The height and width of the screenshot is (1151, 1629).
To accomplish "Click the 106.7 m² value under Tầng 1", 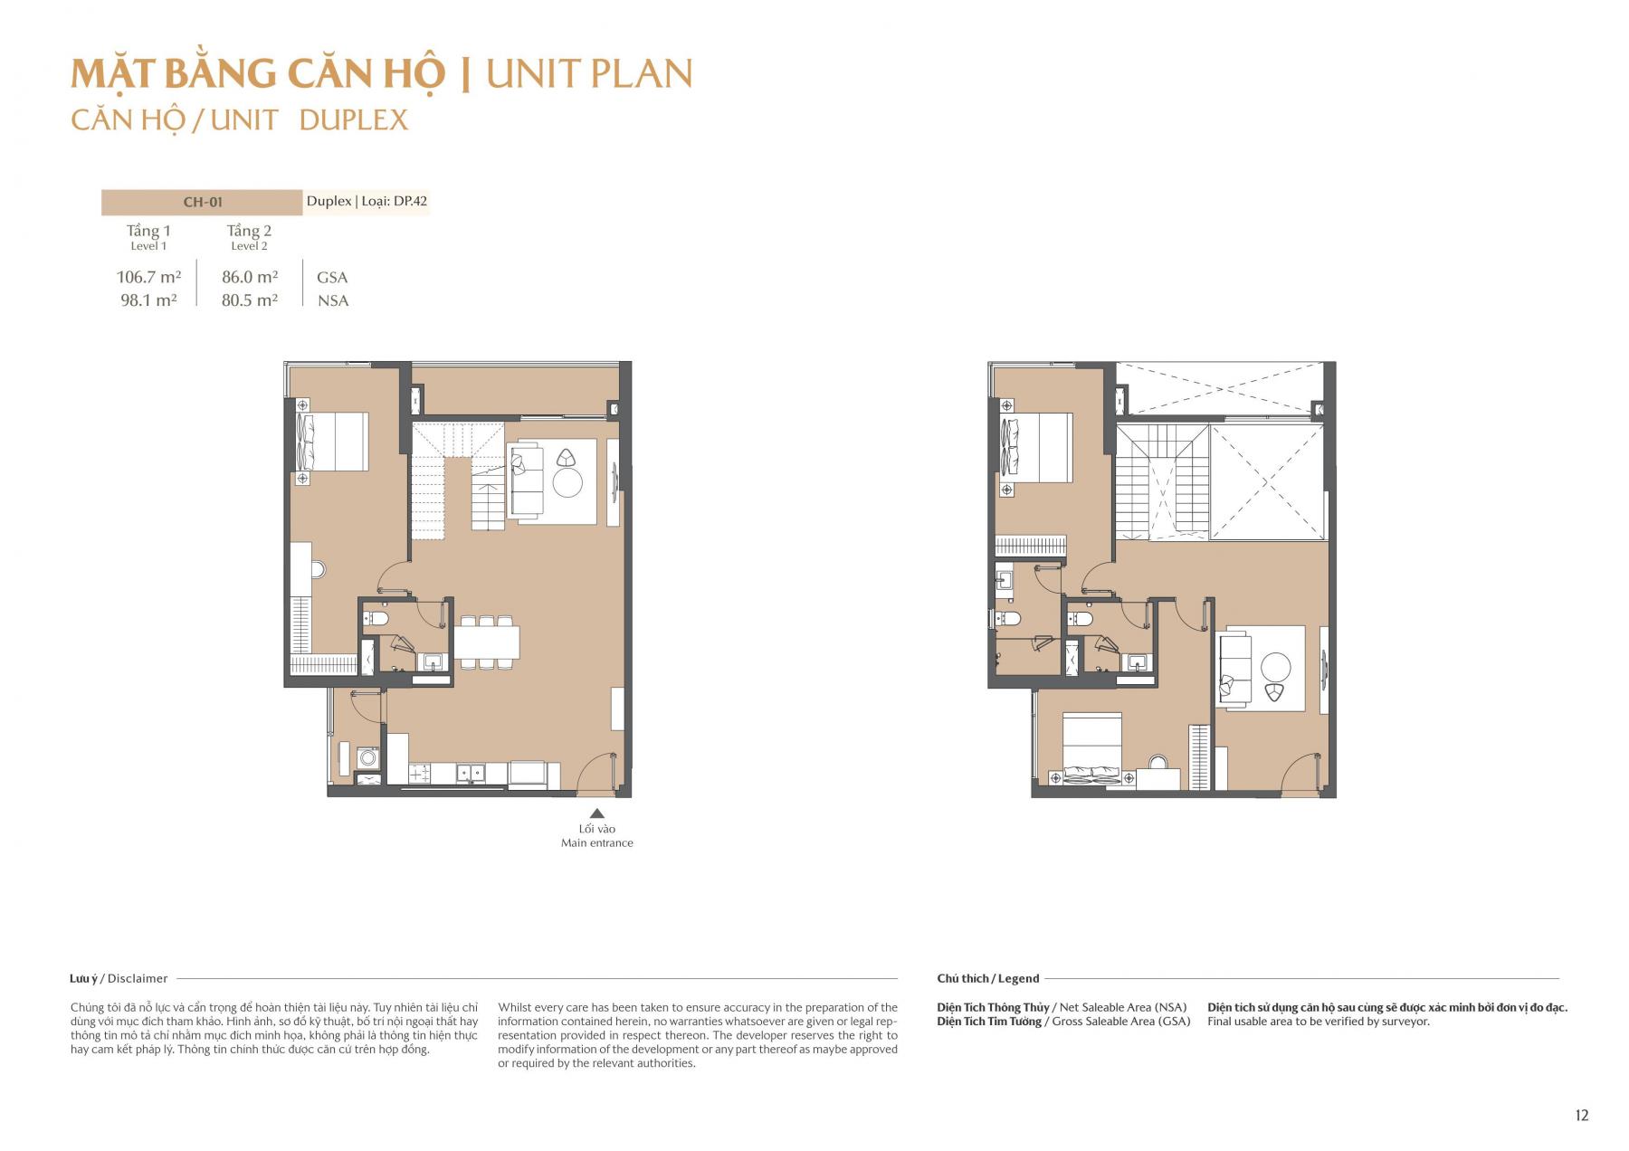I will [148, 277].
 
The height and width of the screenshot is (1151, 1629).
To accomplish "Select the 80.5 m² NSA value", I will [250, 300].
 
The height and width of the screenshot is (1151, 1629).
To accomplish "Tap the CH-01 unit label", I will [203, 202].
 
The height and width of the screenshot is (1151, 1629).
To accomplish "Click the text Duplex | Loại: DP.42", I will [367, 201].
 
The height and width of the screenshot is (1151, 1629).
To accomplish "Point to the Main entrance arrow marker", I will [596, 813].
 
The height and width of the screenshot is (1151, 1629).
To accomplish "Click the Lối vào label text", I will [597, 829].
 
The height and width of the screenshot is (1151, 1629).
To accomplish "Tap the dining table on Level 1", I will [487, 642].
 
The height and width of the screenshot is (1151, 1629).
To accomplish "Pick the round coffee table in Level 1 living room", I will [567, 484].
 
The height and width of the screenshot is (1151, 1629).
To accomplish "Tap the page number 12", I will [1581, 1115].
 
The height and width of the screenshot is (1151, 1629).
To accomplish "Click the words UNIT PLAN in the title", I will [589, 74].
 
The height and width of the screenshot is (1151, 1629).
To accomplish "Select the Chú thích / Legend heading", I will [987, 978].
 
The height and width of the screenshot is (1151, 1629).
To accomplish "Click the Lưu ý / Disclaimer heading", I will [119, 978].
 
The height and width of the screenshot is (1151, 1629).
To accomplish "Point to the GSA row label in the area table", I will [332, 278].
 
